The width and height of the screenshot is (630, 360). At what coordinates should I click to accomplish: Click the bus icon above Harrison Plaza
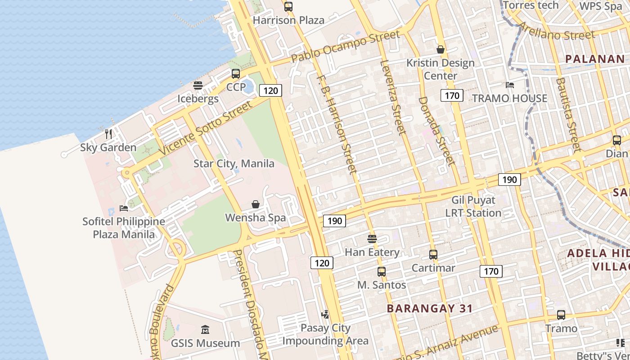tap(288, 7)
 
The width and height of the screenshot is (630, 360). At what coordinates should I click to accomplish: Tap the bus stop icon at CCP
tap(236, 74)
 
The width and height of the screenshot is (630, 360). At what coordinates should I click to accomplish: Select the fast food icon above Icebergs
tap(198, 85)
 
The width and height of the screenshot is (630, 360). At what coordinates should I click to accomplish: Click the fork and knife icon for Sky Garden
tap(108, 134)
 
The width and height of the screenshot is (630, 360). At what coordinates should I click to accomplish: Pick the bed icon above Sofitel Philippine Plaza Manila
tap(124, 208)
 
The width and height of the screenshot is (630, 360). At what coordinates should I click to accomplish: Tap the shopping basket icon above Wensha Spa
tap(256, 204)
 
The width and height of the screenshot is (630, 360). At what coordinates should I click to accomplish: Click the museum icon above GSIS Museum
tap(205, 329)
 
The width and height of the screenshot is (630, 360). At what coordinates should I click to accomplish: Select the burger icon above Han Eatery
tap(372, 238)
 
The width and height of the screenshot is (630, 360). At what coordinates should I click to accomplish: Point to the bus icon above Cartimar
tap(433, 255)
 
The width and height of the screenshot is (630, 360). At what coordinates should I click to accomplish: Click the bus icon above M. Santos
tap(382, 272)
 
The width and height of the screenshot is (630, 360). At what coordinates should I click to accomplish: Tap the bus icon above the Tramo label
tap(561, 315)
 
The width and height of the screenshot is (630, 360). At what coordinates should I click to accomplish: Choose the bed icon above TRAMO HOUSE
tap(509, 85)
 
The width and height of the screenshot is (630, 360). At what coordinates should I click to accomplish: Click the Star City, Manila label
tap(234, 163)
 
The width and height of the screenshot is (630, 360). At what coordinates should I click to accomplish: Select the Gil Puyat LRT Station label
tap(473, 207)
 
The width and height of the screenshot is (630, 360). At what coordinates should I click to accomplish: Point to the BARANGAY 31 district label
tap(430, 308)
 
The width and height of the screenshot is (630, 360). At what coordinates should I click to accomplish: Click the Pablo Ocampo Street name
tap(345, 47)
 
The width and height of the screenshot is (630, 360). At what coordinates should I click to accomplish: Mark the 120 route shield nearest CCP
tap(270, 90)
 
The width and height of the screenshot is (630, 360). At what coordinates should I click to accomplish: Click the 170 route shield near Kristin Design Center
tap(452, 95)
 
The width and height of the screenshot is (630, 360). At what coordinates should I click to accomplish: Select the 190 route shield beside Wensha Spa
tap(334, 221)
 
